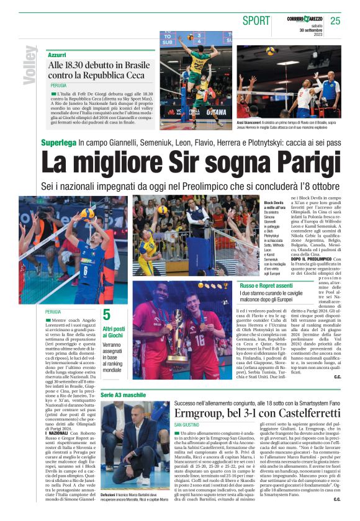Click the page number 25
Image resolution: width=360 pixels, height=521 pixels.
(x=336, y=20)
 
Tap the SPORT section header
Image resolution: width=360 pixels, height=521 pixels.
(x=256, y=20)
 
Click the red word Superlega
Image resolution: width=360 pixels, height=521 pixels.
(x=58, y=143)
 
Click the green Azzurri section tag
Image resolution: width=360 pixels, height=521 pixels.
(x=57, y=55)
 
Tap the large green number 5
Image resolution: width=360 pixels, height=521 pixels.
(x=107, y=314)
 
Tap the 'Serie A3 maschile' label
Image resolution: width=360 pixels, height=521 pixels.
(x=123, y=395)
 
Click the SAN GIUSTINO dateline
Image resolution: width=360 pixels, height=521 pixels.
(x=187, y=424)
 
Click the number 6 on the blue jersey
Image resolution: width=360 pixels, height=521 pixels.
(x=85, y=270)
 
